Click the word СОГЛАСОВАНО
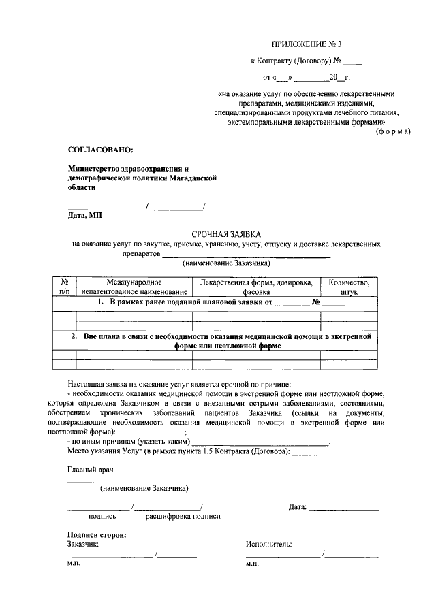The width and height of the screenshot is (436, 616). (x=101, y=148)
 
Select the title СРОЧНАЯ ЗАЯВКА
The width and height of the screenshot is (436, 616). (x=217, y=233)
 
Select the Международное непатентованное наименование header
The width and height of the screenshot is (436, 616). (x=134, y=287)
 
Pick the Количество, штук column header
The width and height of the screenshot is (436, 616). (x=349, y=287)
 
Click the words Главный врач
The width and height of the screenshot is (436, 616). (x=89, y=470)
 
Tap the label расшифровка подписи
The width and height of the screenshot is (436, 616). (x=183, y=517)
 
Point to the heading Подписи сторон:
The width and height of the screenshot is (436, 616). (x=97, y=534)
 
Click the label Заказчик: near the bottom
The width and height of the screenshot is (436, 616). (x=84, y=544)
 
